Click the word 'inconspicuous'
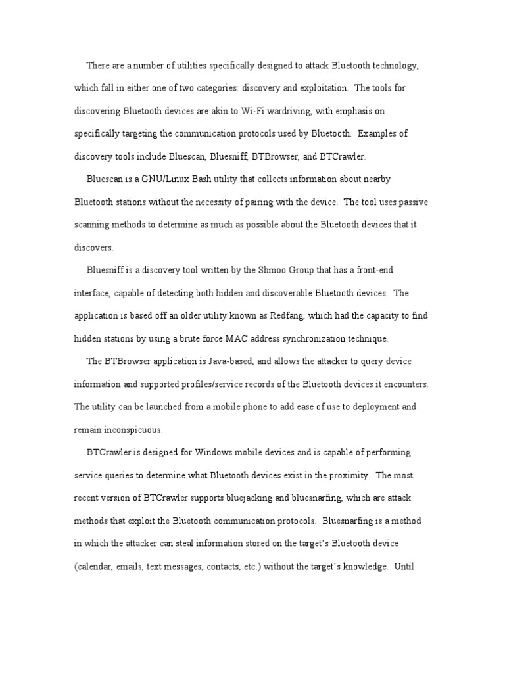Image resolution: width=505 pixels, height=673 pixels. tap(132, 430)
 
